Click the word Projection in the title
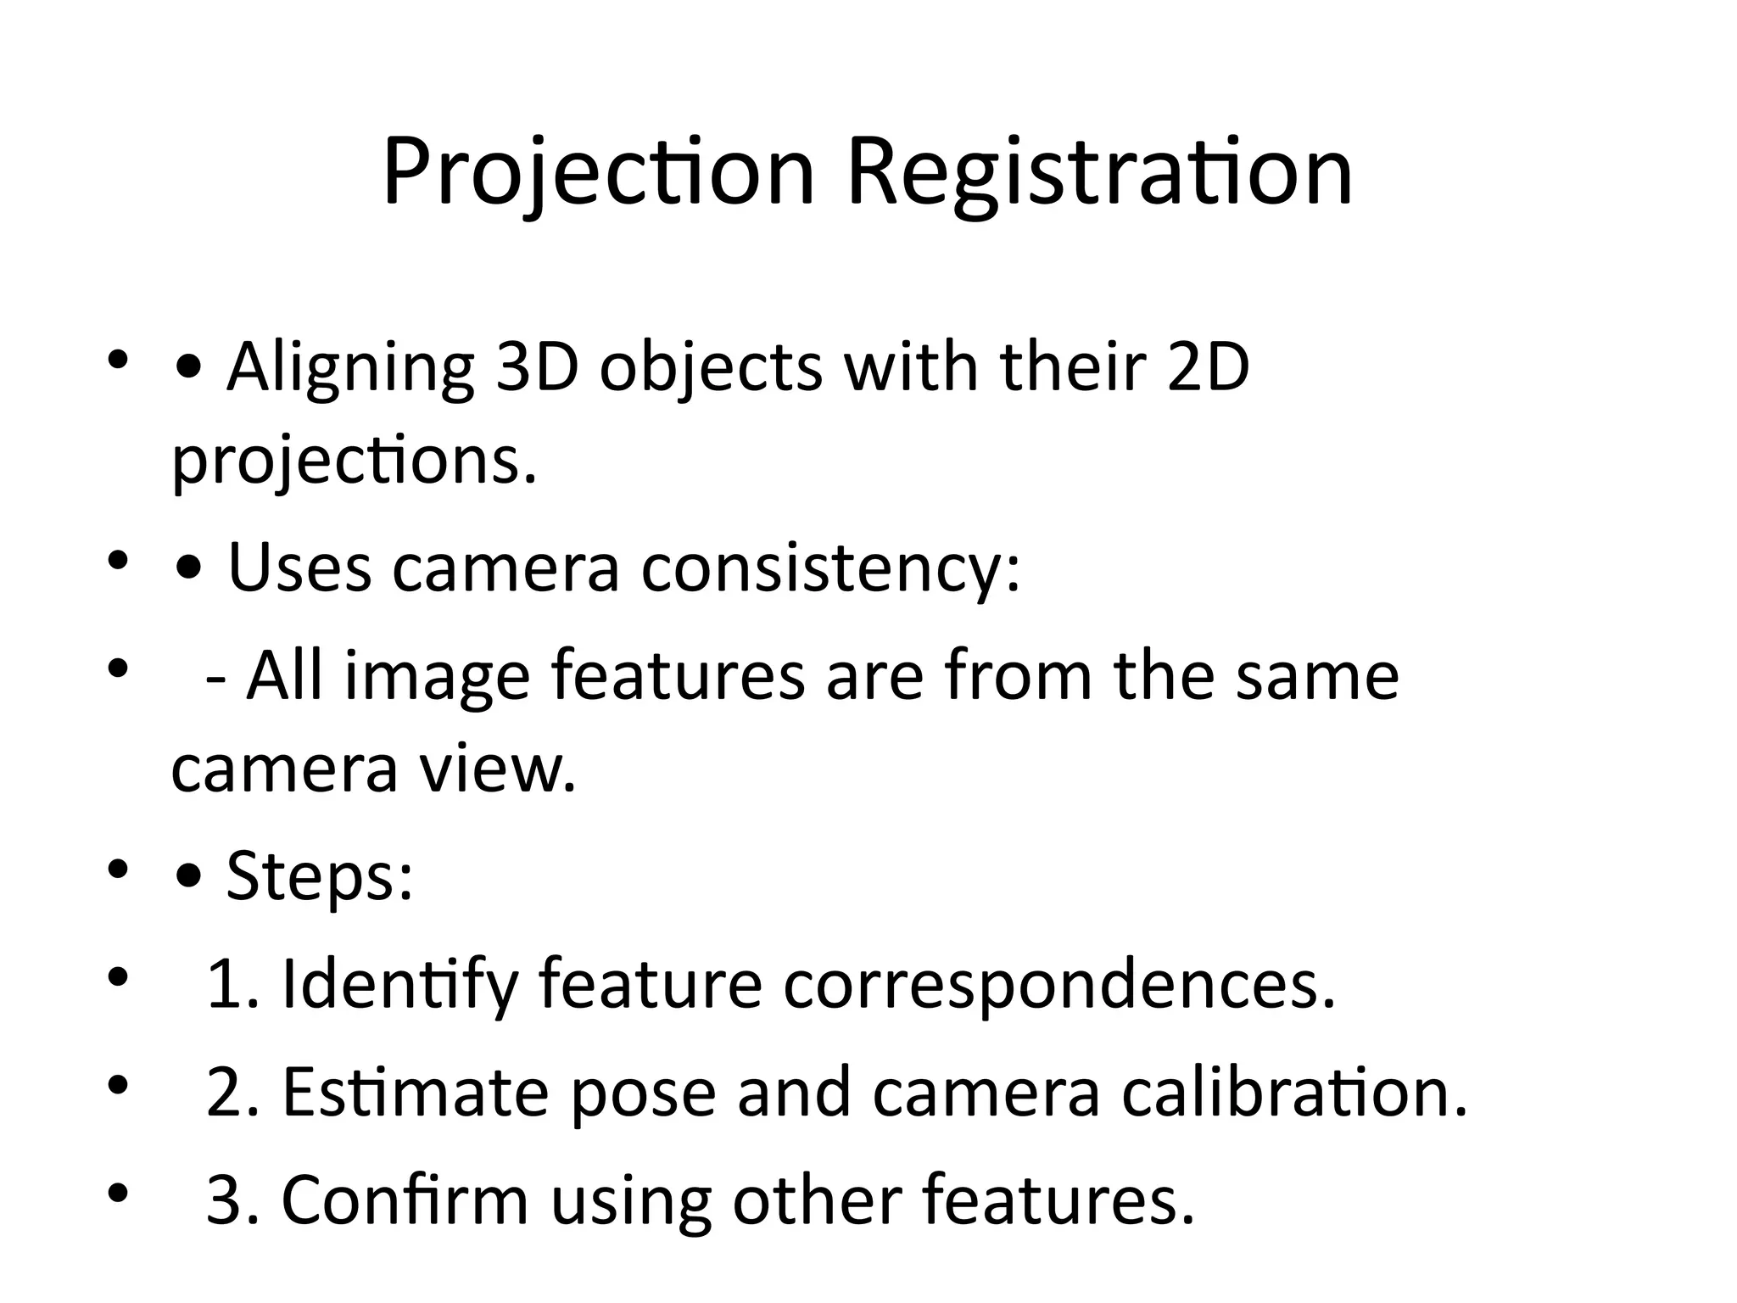[598, 174]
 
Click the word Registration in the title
[1099, 174]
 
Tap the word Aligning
[349, 369]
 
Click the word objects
[711, 369]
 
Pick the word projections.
[355, 462]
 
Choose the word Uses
[299, 568]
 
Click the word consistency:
[830, 568]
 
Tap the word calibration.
[1294, 1092]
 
